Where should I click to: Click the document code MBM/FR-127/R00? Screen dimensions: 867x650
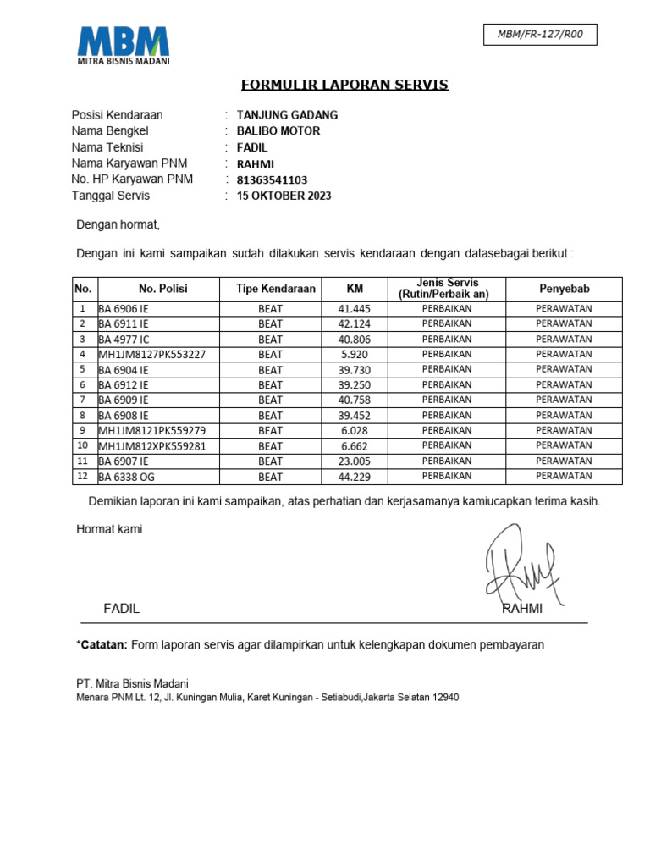click(x=540, y=35)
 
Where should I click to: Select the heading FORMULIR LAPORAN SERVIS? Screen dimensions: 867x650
click(x=344, y=85)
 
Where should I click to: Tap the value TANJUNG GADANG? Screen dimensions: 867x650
click(x=287, y=115)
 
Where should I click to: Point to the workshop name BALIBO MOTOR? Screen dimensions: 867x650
click(x=278, y=131)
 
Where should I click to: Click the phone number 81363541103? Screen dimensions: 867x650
click(x=272, y=179)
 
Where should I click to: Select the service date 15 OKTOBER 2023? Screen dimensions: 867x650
click(x=284, y=196)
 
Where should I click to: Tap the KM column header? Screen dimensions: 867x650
click(x=355, y=289)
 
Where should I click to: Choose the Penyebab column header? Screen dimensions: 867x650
click(x=564, y=289)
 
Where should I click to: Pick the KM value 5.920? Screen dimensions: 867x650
click(x=355, y=354)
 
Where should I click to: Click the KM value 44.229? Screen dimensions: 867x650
click(x=355, y=477)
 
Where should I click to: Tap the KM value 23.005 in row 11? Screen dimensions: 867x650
click(x=355, y=461)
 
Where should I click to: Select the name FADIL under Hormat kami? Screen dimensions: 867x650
click(x=121, y=609)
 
